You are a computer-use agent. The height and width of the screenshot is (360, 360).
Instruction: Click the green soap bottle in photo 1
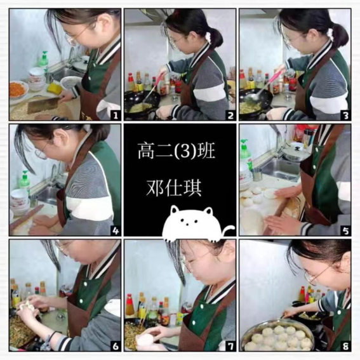point(43,60)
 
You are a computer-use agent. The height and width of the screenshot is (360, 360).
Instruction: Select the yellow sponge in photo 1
point(55,89)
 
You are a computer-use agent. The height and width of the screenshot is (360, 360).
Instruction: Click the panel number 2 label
point(230,116)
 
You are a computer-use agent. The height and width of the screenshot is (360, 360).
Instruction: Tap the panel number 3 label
point(345,116)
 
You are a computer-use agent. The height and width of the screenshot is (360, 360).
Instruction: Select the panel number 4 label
point(116,230)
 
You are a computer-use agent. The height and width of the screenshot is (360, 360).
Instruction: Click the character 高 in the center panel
point(145,151)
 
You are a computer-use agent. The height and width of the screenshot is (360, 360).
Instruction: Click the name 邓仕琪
point(174,188)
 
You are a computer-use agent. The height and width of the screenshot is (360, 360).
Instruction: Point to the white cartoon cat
point(195,224)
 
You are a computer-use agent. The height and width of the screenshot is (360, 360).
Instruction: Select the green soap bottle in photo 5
point(246,154)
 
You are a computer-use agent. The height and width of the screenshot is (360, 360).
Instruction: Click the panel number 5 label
point(345,230)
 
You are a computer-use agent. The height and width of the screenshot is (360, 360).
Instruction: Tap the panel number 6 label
point(116,346)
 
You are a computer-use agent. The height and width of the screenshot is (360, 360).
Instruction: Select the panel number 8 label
point(345,346)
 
